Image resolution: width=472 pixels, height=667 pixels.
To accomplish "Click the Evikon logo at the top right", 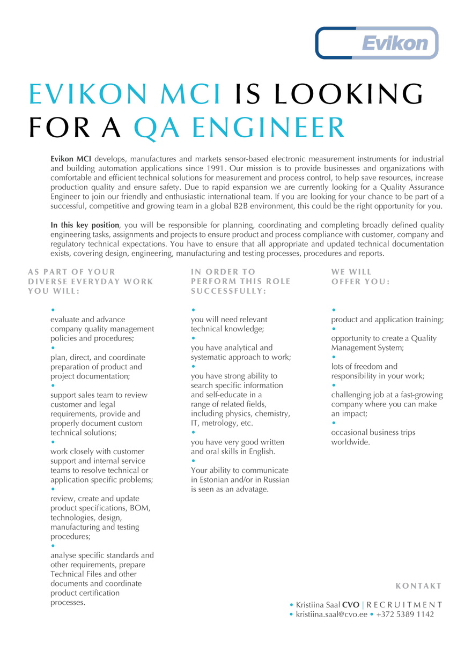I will (x=377, y=42).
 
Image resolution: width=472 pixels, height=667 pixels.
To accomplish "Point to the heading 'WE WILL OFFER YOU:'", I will (x=360, y=276).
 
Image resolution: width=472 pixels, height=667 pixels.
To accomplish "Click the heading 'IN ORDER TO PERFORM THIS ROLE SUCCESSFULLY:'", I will (x=240, y=281).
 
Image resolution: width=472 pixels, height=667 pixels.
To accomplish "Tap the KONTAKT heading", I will (x=419, y=586).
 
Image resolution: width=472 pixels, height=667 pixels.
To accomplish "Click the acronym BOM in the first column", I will (x=141, y=508).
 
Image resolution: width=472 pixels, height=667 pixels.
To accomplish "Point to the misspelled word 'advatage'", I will (x=252, y=489).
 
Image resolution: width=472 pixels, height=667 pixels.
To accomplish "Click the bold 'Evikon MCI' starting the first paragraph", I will (x=71, y=159).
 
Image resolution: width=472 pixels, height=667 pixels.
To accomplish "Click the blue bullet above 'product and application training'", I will (x=334, y=310).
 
